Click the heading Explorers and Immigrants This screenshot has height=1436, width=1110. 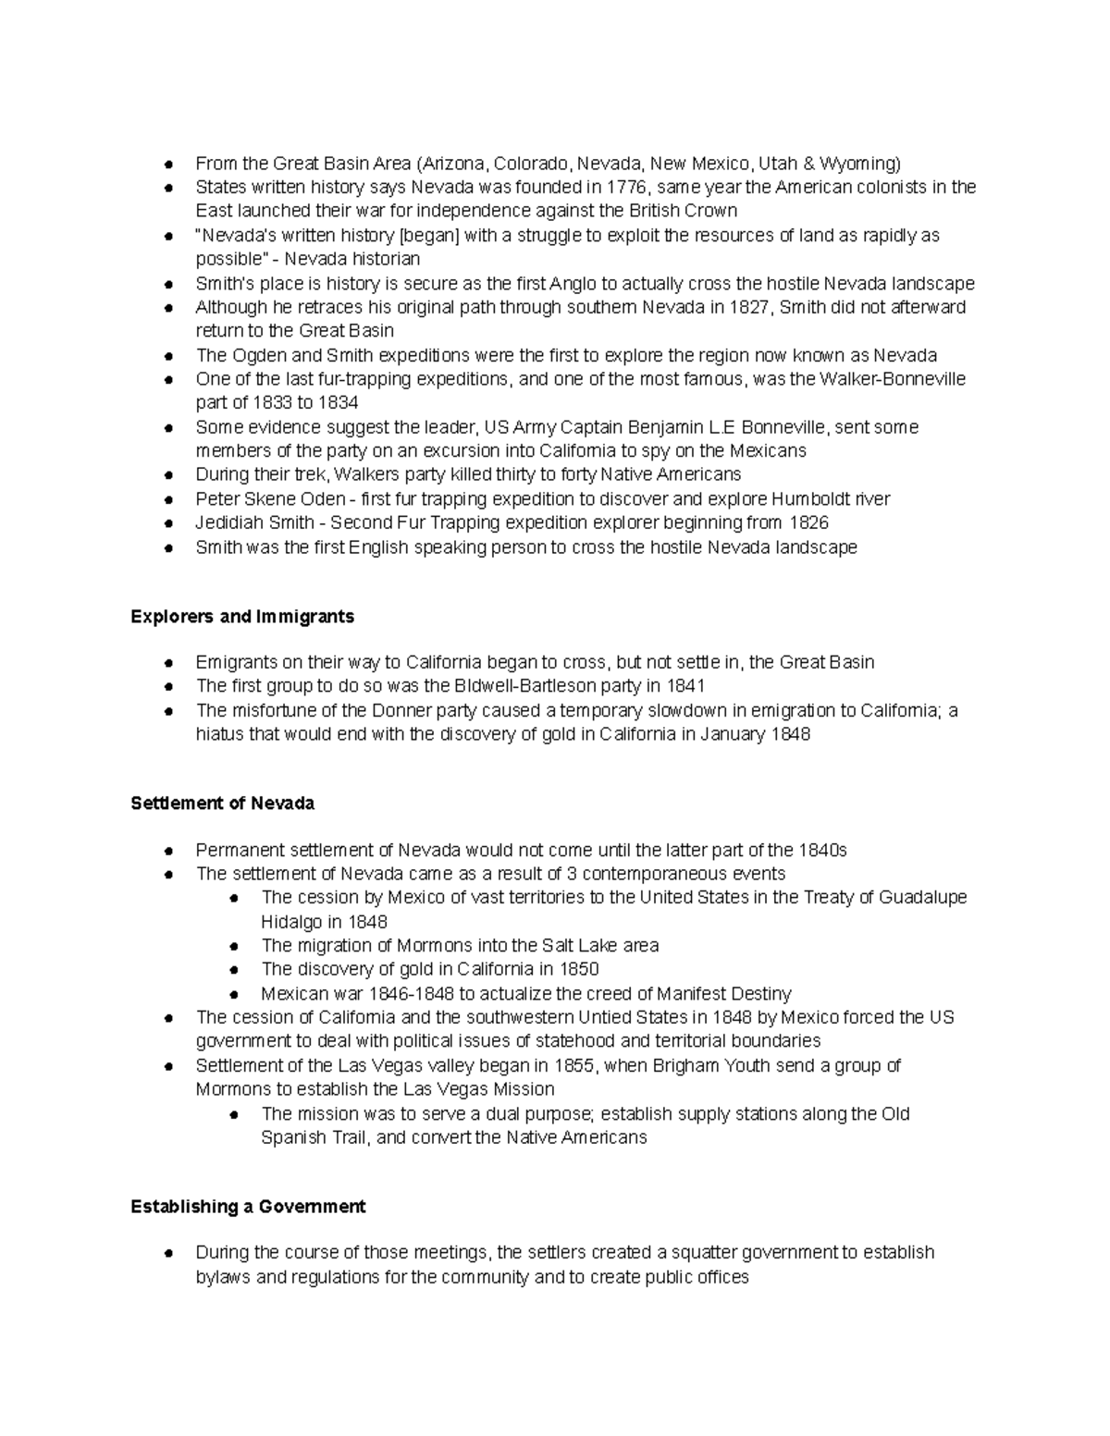tap(242, 617)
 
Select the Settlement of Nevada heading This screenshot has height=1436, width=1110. tap(222, 804)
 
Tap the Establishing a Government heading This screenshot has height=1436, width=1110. tap(248, 1207)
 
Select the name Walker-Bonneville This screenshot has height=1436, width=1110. tap(893, 379)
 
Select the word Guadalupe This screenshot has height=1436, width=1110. tap(922, 898)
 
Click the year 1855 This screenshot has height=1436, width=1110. tap(574, 1066)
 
